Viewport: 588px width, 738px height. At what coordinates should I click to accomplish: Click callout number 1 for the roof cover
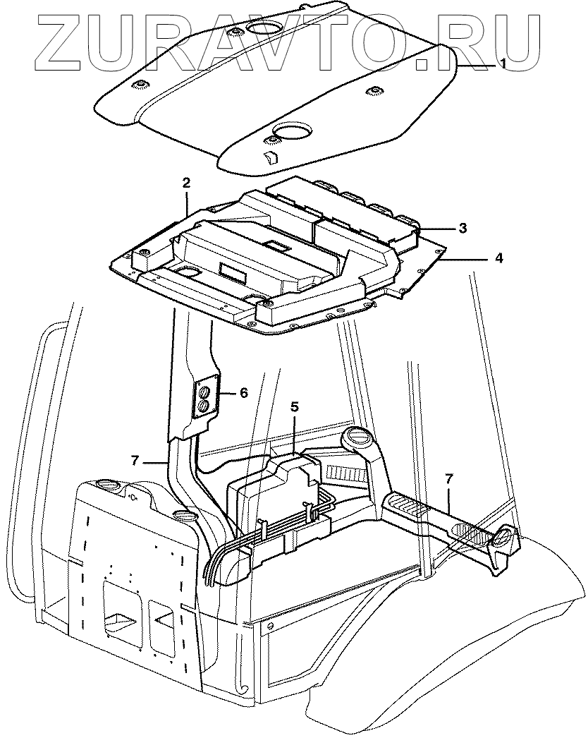(503, 63)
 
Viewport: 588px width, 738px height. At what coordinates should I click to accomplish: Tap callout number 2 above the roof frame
(187, 183)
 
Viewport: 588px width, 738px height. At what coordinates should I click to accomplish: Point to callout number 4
(498, 259)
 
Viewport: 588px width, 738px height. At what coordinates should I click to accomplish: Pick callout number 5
(295, 407)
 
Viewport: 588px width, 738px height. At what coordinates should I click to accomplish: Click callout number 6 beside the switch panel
(244, 393)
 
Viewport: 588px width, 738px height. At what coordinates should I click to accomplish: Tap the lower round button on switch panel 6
(204, 406)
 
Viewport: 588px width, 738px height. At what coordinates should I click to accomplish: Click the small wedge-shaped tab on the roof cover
(269, 157)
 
